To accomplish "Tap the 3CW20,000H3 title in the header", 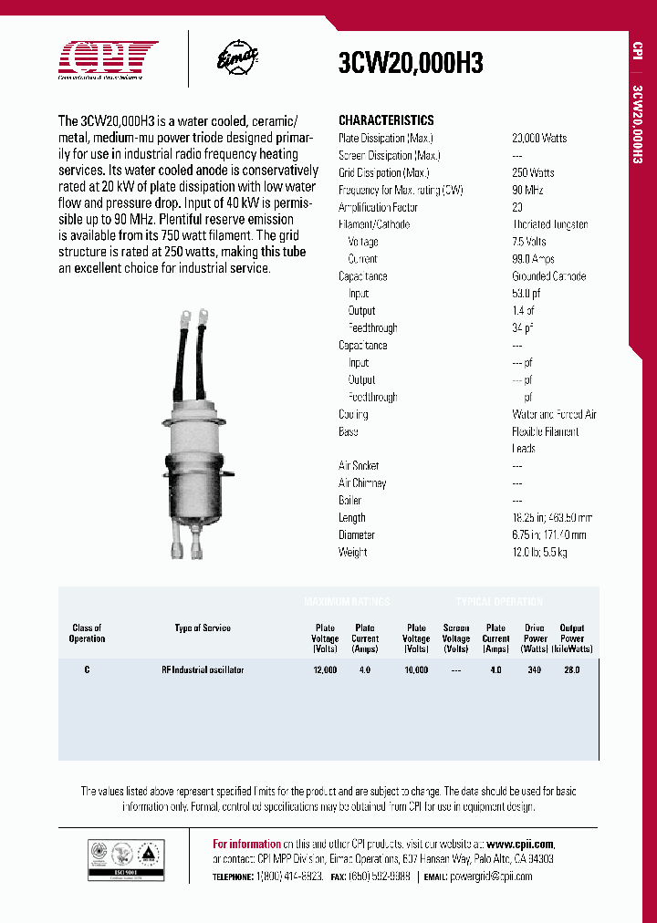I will click(x=410, y=63).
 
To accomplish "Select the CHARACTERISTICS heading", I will click(x=386, y=120).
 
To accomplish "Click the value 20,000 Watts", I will click(x=539, y=138).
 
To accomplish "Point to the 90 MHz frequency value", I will click(x=527, y=190).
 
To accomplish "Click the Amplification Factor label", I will click(x=378, y=207).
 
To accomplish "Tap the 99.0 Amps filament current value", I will click(x=533, y=259).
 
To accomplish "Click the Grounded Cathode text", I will click(x=548, y=276).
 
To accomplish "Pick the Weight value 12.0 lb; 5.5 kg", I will click(x=540, y=552).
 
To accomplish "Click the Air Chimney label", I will click(x=362, y=483).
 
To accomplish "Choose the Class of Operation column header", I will click(x=88, y=633).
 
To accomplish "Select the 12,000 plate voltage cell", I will click(x=325, y=669).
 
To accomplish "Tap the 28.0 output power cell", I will click(x=571, y=669).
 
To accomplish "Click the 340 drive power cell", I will click(x=534, y=669).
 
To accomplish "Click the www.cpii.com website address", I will click(x=520, y=845).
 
